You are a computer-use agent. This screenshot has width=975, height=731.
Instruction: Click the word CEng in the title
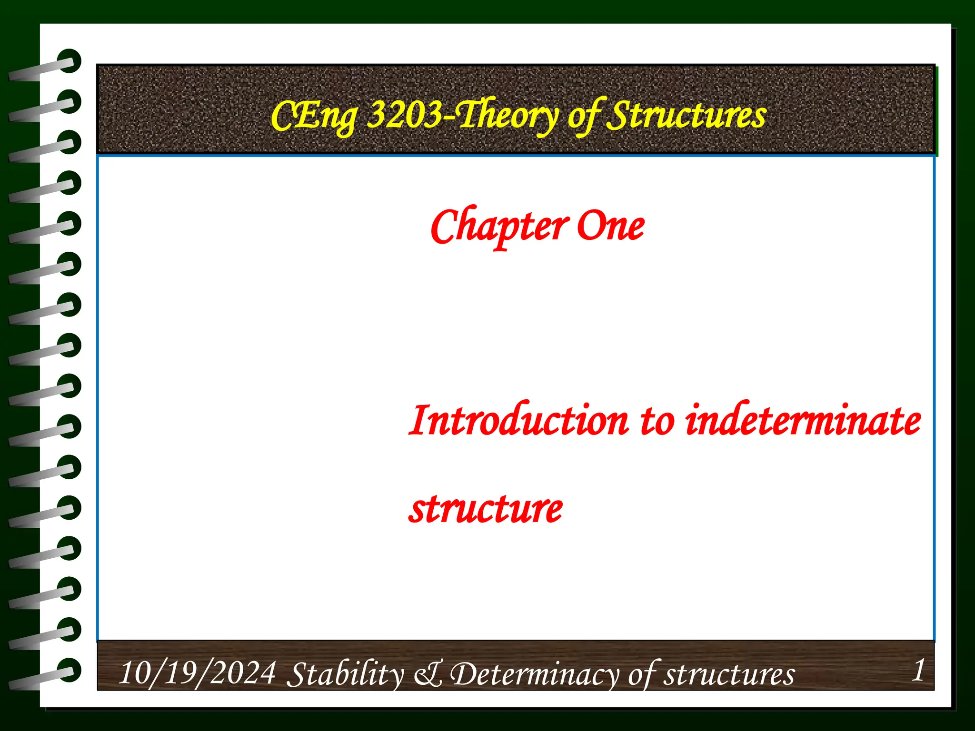[x=314, y=117]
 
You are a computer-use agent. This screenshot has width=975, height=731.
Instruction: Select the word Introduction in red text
[x=519, y=421]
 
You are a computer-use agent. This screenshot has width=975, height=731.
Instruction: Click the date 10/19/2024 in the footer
[x=197, y=673]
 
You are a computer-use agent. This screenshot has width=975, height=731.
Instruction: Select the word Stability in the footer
[x=346, y=675]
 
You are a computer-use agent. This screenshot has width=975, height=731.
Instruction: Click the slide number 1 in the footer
[x=918, y=671]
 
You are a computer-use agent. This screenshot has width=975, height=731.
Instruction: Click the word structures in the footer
[x=729, y=675]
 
